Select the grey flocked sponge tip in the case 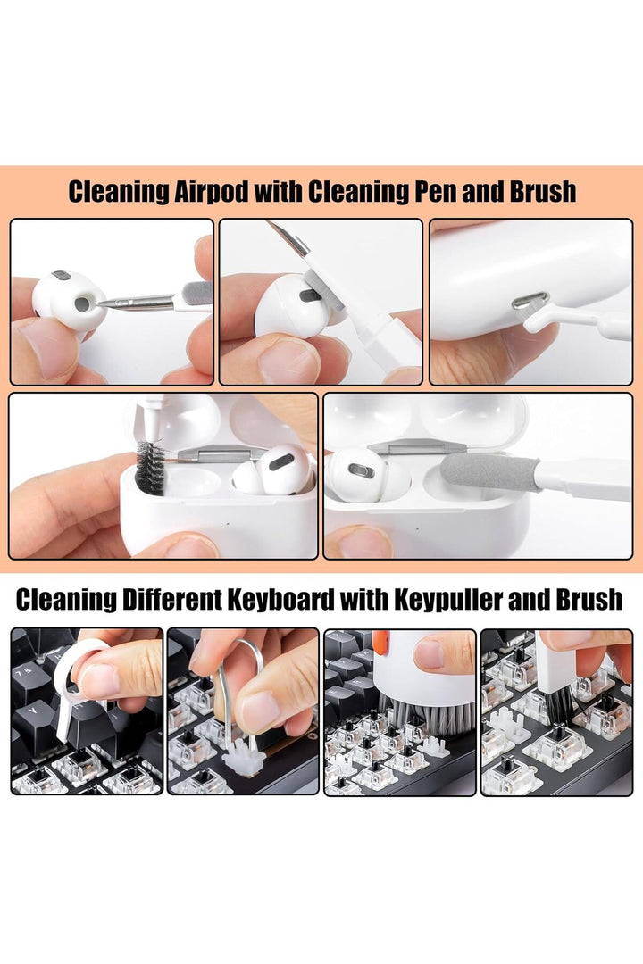tap(489, 472)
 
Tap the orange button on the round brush tap(380, 643)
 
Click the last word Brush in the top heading tap(543, 192)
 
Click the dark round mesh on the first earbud tap(82, 303)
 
